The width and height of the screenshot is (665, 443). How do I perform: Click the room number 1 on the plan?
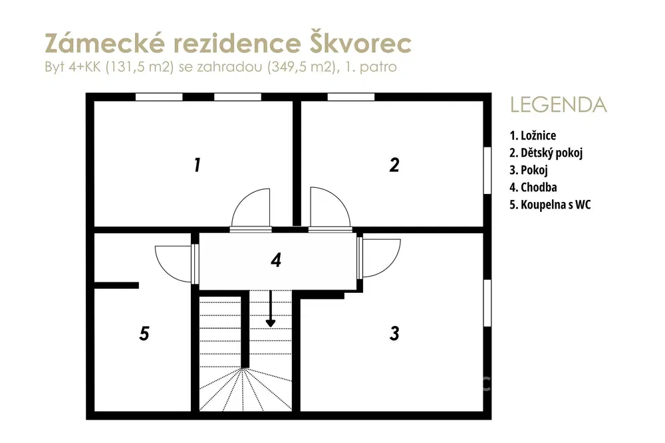(x=198, y=165)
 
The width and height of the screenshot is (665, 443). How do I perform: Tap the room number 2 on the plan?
(x=394, y=165)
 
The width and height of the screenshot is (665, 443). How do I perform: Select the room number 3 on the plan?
(x=394, y=333)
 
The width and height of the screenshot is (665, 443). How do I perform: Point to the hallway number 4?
(x=276, y=260)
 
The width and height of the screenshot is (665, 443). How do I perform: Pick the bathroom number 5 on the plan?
(x=144, y=333)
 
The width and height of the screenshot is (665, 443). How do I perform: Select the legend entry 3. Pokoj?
(x=529, y=170)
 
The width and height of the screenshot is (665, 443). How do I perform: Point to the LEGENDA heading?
(x=559, y=105)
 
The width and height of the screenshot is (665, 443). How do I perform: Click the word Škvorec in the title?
(x=360, y=43)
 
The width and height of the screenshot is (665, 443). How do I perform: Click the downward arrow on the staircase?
(x=270, y=308)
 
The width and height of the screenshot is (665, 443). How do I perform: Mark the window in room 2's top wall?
(x=351, y=97)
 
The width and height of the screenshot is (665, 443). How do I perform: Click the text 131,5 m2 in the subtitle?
(x=140, y=67)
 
